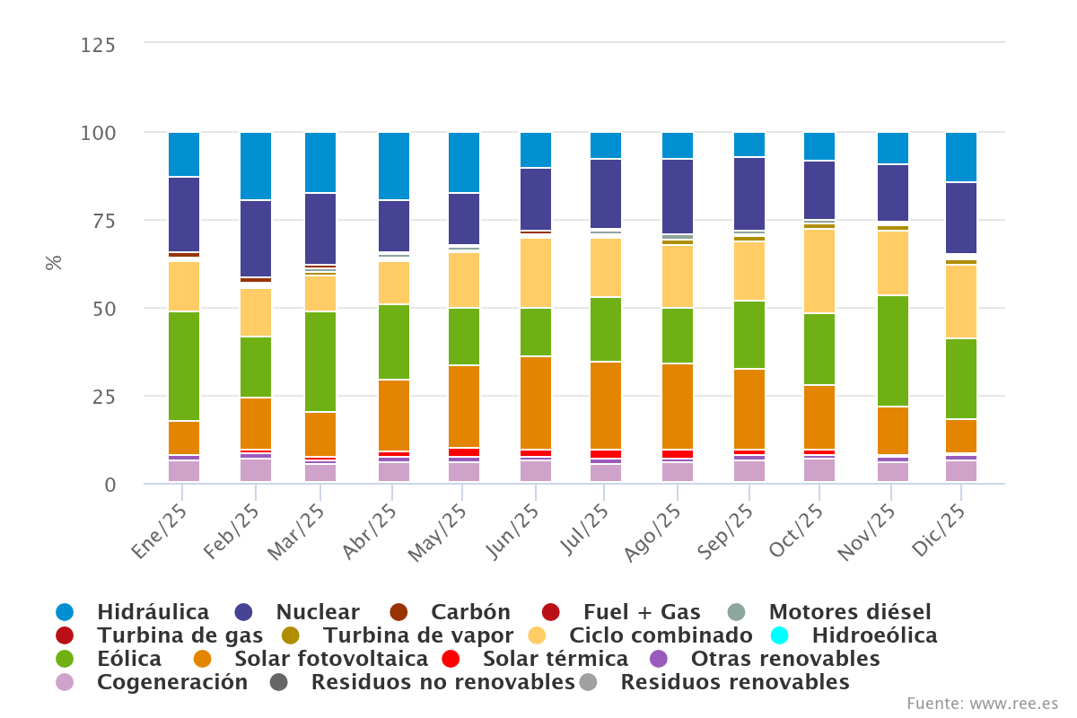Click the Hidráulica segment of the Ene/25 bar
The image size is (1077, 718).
(x=184, y=154)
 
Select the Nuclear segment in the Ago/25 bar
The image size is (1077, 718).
(x=678, y=197)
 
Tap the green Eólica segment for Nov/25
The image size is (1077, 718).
(x=893, y=351)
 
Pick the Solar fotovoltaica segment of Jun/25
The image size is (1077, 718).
(x=536, y=402)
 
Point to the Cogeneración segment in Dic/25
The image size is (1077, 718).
(x=961, y=470)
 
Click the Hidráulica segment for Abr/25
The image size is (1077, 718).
(x=394, y=166)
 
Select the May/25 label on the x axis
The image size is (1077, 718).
(x=441, y=533)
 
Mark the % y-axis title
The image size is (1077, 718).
(x=54, y=263)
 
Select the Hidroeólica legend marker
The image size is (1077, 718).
(x=779, y=635)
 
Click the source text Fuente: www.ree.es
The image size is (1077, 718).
(x=982, y=703)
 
